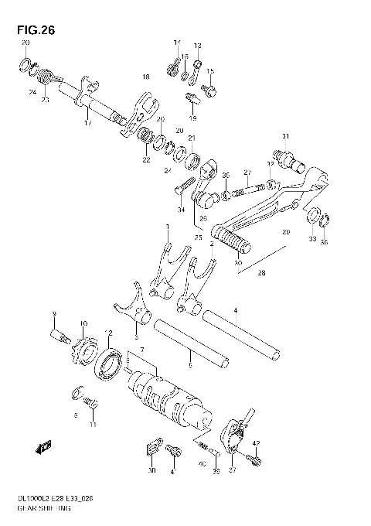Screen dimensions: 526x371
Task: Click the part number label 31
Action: pos(285,137)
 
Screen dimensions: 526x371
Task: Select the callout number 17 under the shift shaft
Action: pos(87,123)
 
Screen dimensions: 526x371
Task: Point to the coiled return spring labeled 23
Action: pos(46,77)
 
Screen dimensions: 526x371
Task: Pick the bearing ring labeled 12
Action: pos(108,364)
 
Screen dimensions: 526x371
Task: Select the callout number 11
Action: pos(94,425)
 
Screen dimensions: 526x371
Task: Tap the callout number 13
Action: pos(197,46)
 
